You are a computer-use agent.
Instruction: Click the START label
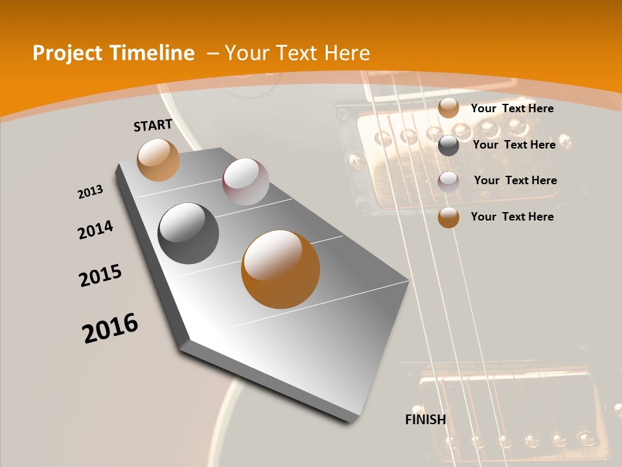[153, 125]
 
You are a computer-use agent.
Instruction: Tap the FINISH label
[425, 420]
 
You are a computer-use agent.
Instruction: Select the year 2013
[90, 192]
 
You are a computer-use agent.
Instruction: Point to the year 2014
[95, 230]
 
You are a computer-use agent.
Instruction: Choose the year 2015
[100, 276]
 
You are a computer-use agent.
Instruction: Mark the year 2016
[110, 328]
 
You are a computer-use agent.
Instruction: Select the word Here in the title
[347, 53]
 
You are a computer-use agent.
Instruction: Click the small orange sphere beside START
[158, 160]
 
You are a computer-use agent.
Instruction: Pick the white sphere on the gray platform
[246, 181]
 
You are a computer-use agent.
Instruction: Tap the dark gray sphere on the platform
[188, 233]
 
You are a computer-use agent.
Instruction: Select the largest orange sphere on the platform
[280, 269]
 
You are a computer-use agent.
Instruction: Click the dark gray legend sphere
[448, 145]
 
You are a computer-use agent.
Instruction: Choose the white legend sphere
[448, 182]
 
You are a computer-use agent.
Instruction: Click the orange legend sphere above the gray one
[448, 108]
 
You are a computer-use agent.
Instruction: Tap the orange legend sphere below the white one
[448, 217]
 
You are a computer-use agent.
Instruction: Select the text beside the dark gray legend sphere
[514, 145]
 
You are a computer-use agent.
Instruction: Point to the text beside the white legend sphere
[515, 180]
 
